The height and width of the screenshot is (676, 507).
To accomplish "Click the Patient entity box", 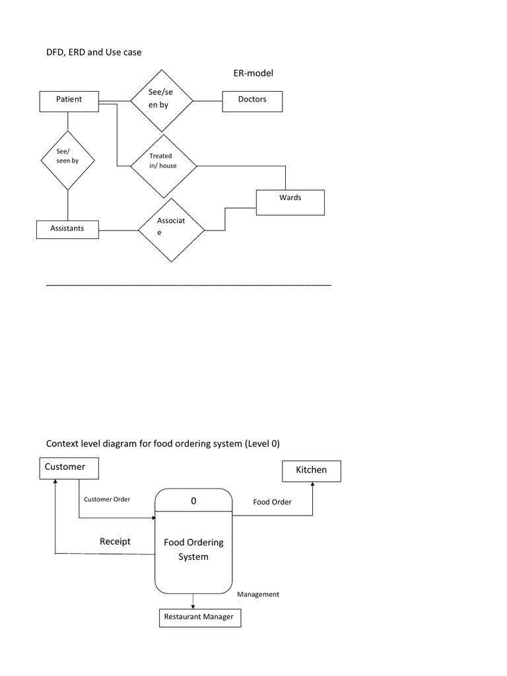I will (69, 100).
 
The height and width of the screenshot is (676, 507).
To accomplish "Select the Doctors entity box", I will (252, 100).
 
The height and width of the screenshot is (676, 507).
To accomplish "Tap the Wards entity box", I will (290, 202).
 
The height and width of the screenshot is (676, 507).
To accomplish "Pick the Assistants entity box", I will (67, 230).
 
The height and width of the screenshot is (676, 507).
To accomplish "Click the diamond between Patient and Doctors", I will (161, 101).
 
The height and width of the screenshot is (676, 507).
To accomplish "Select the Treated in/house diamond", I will (163, 166).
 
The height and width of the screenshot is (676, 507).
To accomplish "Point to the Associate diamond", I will (171, 230).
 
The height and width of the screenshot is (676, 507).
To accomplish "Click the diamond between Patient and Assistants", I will (67, 160).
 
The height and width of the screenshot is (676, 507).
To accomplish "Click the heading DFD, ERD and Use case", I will (93, 51).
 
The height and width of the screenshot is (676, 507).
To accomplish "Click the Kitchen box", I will (312, 471).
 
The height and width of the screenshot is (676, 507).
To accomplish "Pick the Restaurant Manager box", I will (200, 618).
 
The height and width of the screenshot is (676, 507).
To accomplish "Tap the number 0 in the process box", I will (193, 501).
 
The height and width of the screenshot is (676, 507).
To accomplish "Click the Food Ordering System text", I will (193, 549).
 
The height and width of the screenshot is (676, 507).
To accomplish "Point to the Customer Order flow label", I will (107, 499).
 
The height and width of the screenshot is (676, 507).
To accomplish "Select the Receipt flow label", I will (115, 541).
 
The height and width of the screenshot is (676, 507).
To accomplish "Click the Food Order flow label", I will (272, 502).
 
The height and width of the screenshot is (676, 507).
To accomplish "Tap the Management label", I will (258, 594).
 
